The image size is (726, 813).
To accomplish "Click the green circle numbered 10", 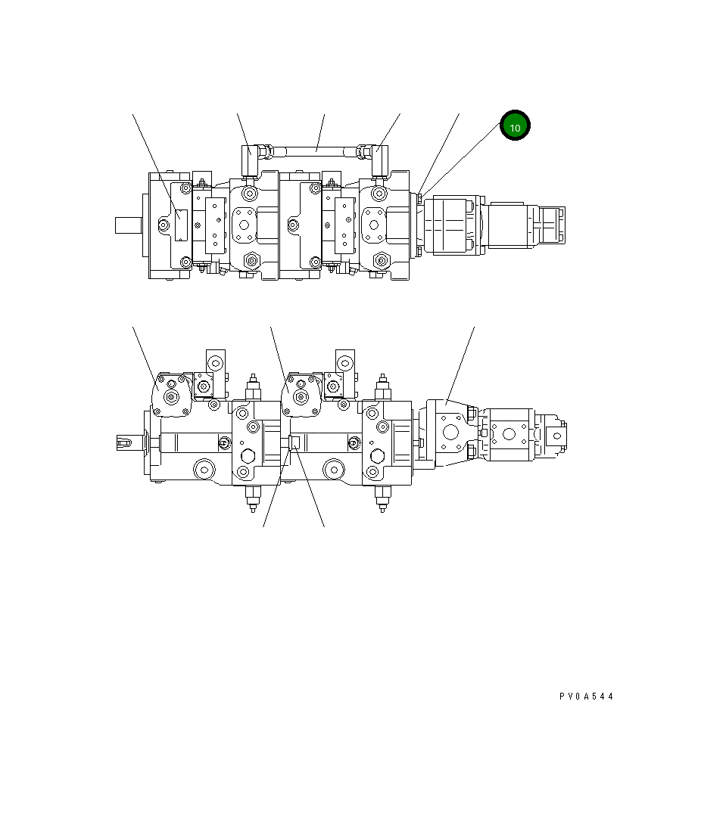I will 515,127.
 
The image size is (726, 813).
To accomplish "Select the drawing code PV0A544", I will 586,697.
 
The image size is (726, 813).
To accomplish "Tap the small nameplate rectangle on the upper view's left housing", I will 180,225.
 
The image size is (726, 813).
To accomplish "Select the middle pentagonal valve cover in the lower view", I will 301,395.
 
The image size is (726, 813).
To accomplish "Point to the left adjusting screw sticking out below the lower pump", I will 252,499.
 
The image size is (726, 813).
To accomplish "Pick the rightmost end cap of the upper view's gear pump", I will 550,225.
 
